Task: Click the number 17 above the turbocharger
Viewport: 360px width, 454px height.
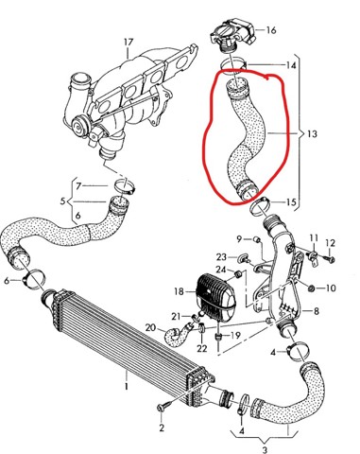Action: (129, 43)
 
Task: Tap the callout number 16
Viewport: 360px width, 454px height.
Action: (271, 30)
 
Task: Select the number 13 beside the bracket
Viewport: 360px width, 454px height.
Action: (312, 133)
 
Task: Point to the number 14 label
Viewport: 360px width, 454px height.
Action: (291, 65)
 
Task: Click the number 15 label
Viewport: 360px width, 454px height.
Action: (292, 201)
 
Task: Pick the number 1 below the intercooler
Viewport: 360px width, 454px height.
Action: (127, 386)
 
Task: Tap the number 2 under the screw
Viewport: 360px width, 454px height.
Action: (162, 428)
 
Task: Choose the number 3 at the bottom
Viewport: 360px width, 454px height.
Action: (265, 449)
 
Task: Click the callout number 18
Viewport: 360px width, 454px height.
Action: (179, 291)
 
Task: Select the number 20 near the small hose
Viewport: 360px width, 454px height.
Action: (150, 328)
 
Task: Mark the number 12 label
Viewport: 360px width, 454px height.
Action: (330, 243)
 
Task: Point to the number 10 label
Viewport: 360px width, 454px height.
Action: (330, 288)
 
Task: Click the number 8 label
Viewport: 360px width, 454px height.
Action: (316, 311)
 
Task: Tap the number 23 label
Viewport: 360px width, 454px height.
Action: (221, 257)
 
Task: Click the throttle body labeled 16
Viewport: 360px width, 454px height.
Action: (233, 35)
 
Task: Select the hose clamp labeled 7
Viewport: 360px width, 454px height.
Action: (125, 185)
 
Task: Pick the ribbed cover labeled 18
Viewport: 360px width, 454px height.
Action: (216, 298)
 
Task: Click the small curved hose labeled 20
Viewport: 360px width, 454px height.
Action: (177, 336)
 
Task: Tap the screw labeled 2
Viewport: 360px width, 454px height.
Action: (164, 406)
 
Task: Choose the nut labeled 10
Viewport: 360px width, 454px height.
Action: (312, 288)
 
